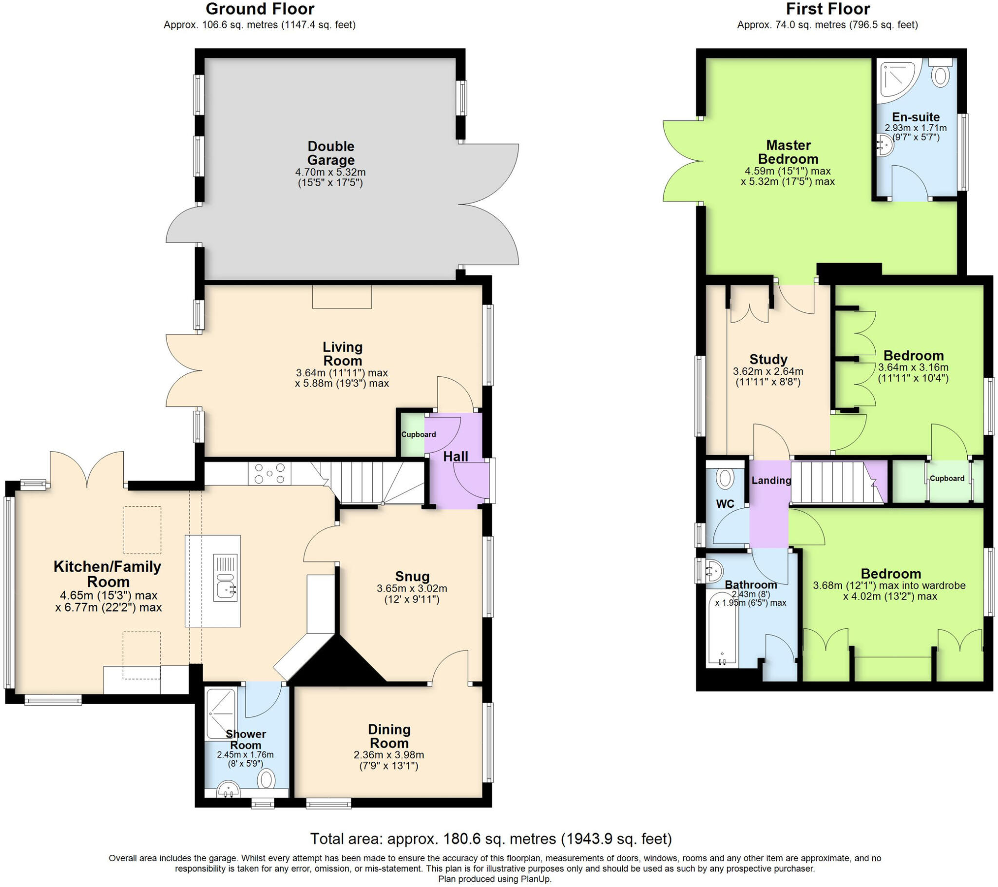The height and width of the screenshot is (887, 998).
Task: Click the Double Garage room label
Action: coord(330,153)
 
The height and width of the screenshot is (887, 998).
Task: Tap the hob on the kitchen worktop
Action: coord(269,474)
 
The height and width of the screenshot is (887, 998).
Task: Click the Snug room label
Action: coord(412,577)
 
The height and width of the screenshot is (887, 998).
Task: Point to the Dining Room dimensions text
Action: coord(389,760)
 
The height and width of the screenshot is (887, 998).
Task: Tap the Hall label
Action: coord(455,457)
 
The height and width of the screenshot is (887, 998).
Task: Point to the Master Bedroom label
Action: coord(788,152)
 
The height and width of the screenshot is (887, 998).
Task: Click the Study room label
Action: coord(768,360)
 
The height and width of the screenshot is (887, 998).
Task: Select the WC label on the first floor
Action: coord(725,503)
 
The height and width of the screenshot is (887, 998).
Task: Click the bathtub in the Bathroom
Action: coord(722,629)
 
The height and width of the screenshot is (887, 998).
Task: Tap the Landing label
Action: coord(771,480)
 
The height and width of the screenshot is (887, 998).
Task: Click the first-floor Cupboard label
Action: coord(947,479)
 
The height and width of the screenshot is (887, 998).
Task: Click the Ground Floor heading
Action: coord(260,9)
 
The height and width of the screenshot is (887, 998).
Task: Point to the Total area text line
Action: coord(491,839)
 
